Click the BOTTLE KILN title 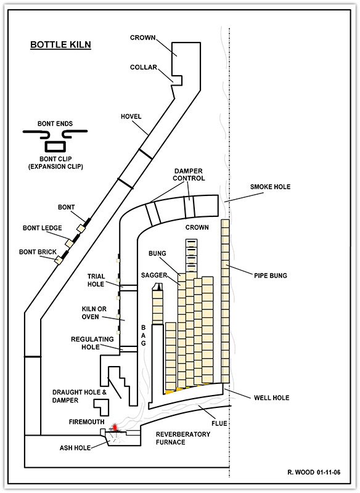point(60,44)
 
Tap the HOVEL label point(131,116)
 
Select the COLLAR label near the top point(144,67)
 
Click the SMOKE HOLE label point(270,187)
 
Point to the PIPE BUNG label point(271,275)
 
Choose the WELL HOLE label point(271,397)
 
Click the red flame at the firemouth point(115,427)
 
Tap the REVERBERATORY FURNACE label point(183,438)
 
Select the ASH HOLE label point(75,448)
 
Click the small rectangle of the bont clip point(55,147)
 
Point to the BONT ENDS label point(55,124)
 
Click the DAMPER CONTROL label point(189,174)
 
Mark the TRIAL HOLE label point(96,280)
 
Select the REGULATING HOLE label point(92,343)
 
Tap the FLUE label point(219,423)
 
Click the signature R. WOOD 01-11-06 point(314,472)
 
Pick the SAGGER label point(153,275)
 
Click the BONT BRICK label point(38,252)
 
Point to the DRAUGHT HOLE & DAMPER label point(80,396)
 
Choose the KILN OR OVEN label point(94,313)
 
